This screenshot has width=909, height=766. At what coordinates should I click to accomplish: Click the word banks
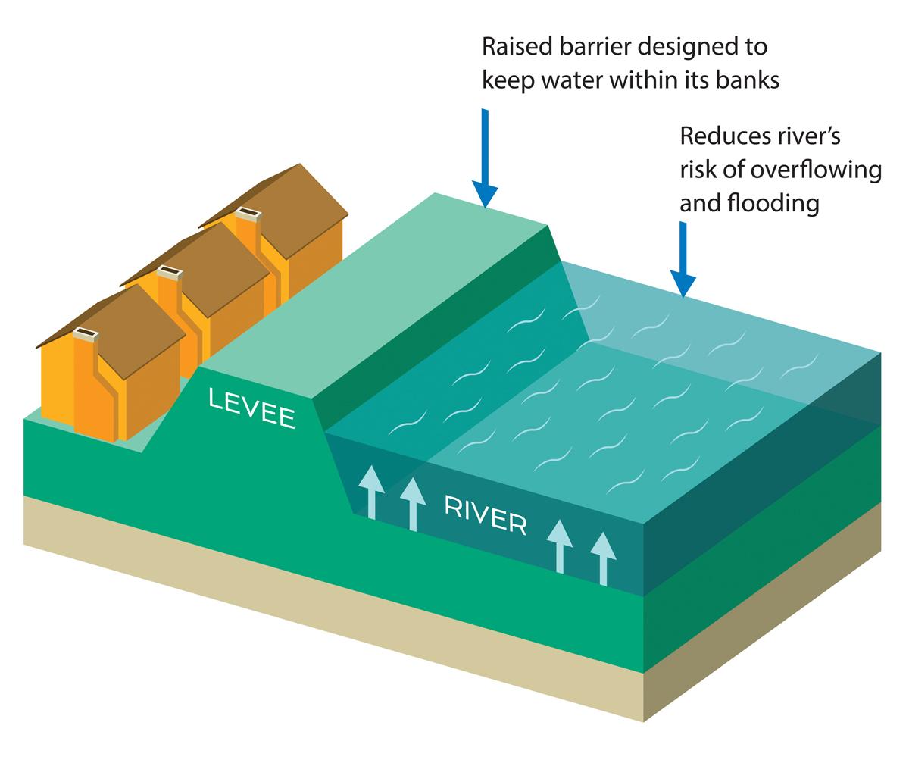(748, 80)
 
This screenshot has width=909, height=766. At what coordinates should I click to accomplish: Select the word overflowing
(815, 170)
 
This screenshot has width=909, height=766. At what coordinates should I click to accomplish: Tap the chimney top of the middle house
(168, 271)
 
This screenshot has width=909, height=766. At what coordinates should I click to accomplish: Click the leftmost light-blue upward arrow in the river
(370, 492)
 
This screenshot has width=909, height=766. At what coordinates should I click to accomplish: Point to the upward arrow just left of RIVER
(412, 503)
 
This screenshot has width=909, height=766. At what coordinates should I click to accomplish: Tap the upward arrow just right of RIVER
(561, 546)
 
